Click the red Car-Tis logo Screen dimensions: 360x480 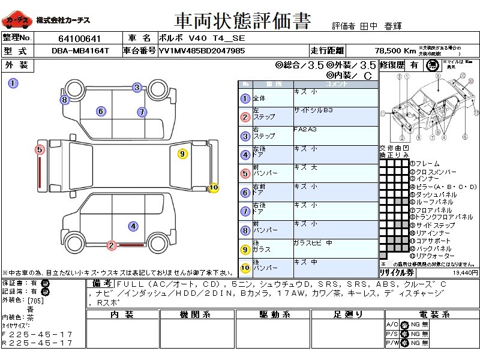17,20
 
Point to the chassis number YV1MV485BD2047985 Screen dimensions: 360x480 202,51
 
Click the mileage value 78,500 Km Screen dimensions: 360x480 395,51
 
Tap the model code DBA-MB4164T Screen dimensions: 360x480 80,51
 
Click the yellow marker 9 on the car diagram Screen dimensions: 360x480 183,154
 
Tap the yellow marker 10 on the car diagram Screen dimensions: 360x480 214,188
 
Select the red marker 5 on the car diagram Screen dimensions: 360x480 40,149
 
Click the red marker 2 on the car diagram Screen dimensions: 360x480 111,245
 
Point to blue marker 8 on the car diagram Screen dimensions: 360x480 64,100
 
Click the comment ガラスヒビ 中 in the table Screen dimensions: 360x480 313,243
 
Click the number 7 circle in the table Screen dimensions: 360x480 245,212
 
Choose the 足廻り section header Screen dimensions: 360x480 348,314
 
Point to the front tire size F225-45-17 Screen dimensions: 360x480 37,334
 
